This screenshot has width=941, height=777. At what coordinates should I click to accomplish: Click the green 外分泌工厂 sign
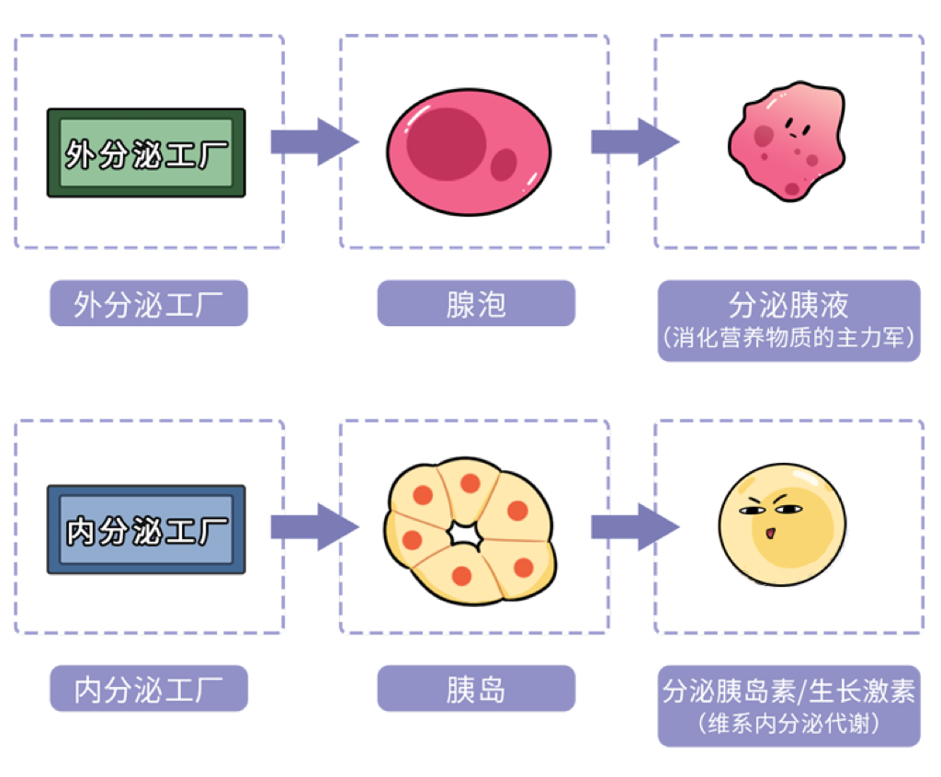point(146,152)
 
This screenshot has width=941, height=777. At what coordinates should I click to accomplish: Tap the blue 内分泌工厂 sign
point(146,530)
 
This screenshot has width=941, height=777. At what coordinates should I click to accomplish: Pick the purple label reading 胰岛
point(476,689)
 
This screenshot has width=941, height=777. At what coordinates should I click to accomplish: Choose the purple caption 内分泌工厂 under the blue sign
point(148,689)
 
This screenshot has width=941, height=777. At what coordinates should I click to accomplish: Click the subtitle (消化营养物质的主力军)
point(788,338)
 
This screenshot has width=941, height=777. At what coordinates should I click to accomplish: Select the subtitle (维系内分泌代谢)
point(788,724)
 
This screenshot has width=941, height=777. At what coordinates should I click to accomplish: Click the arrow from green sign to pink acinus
point(312,142)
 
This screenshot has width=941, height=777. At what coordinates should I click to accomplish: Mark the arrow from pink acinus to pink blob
point(633,142)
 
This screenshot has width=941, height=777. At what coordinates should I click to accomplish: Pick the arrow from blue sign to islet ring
point(312,527)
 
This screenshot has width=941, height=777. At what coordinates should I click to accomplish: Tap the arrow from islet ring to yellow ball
point(633,527)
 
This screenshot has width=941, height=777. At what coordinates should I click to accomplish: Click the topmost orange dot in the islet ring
point(470,483)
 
